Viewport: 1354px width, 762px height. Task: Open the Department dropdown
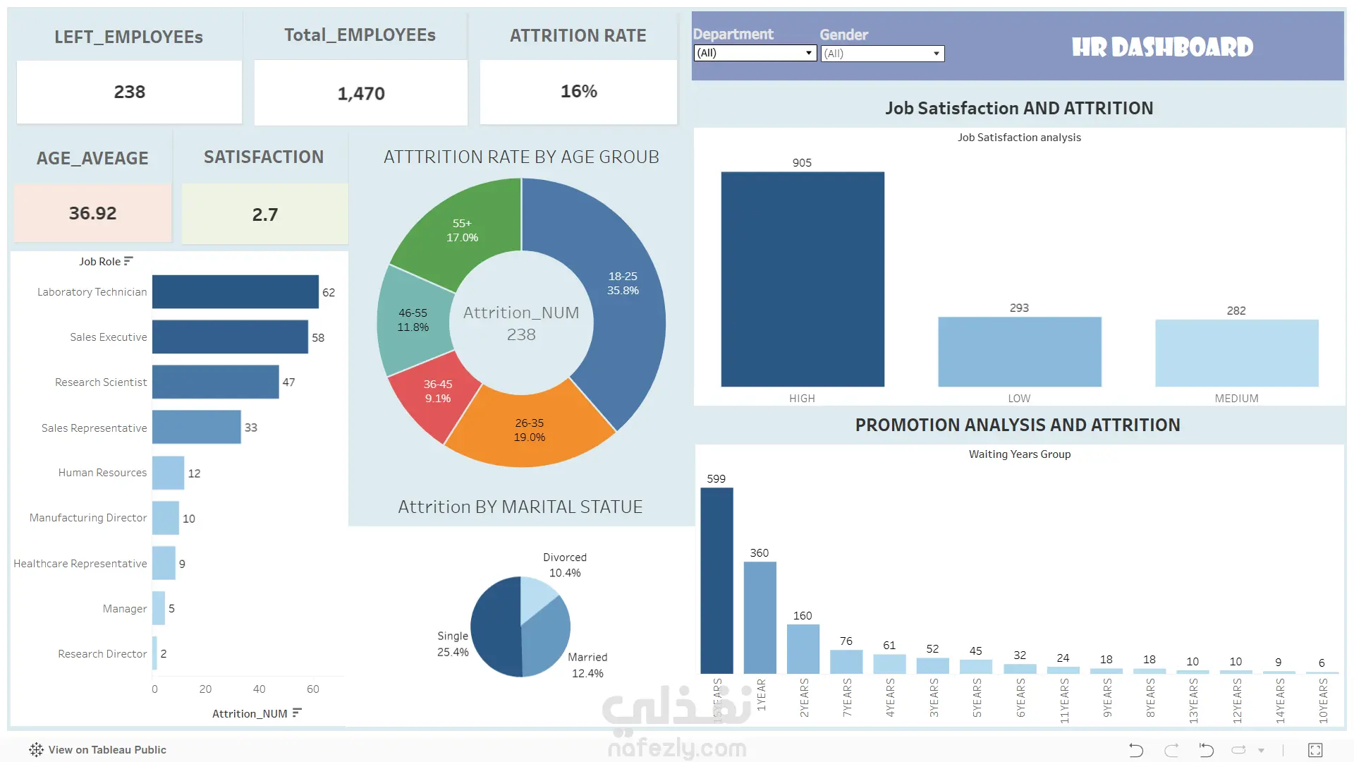(x=755, y=53)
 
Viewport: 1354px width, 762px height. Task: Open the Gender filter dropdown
(x=882, y=54)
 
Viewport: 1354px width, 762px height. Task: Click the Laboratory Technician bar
(x=236, y=291)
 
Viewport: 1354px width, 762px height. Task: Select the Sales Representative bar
(x=197, y=427)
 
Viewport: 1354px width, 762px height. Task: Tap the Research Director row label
(x=102, y=654)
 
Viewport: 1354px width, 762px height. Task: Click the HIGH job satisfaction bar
(x=803, y=279)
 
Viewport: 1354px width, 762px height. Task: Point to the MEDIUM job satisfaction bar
(x=1237, y=353)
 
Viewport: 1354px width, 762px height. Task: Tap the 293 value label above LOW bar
(x=1019, y=308)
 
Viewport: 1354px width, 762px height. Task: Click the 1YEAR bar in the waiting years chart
(x=760, y=617)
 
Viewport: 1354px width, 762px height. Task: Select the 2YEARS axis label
(x=805, y=698)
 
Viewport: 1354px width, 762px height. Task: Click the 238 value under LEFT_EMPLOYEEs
(x=130, y=92)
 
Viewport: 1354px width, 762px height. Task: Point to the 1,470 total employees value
(x=361, y=94)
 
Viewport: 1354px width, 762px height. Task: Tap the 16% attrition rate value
(x=579, y=92)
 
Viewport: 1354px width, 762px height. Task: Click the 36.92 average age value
(x=92, y=213)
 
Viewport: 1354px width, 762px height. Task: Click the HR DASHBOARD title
(x=1162, y=47)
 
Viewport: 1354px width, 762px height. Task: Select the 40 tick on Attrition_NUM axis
(x=259, y=689)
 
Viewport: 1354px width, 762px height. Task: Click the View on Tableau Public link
(x=98, y=750)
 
